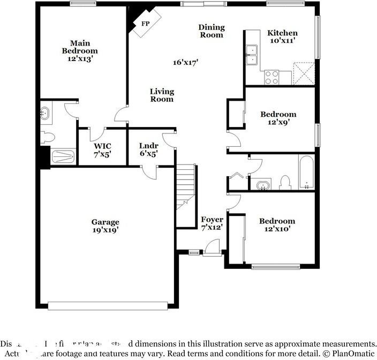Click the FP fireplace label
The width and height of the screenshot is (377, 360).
[145, 24]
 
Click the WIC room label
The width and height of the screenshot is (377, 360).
[102, 146]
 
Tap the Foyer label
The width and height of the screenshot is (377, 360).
[212, 220]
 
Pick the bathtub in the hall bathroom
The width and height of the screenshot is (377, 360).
[307, 173]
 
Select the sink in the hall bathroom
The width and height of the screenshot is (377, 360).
[262, 185]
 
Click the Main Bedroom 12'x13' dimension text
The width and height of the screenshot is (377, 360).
[79, 59]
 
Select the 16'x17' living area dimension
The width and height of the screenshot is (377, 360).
[186, 62]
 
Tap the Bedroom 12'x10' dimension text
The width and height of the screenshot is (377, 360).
[277, 229]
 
